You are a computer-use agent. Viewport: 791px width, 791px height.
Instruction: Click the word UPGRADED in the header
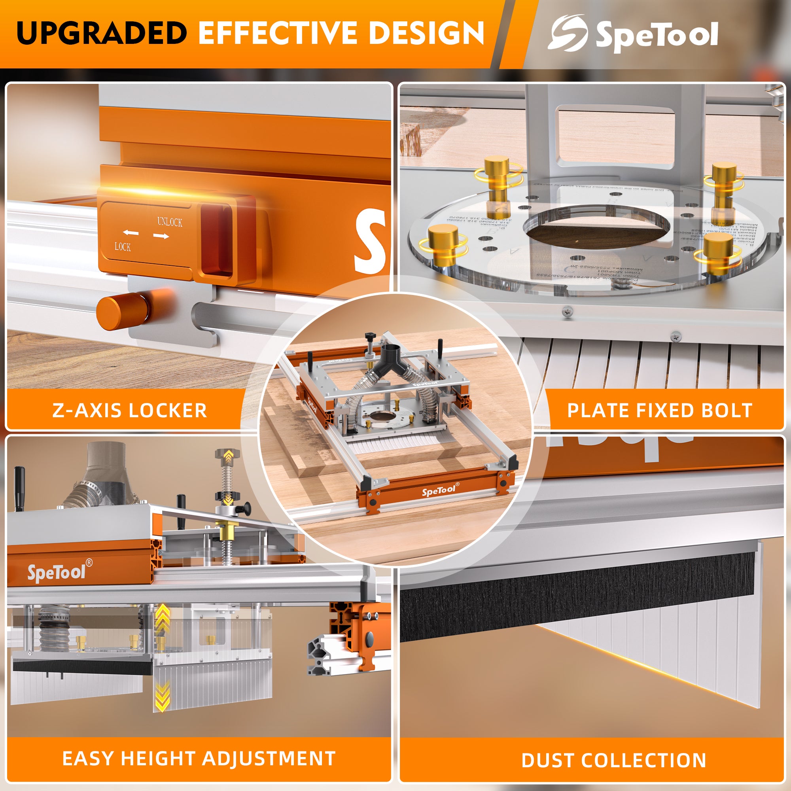(x=102, y=33)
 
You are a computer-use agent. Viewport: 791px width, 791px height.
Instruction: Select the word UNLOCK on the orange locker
(x=170, y=222)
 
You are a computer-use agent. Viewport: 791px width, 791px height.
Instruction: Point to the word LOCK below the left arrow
(x=123, y=246)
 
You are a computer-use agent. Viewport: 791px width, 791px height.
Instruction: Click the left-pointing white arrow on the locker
(x=131, y=233)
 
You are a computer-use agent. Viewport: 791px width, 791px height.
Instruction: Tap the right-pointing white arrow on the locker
(x=161, y=236)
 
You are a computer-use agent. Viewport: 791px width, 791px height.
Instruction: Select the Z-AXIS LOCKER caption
(x=129, y=411)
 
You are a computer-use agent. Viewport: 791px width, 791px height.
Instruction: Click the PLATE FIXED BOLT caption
(x=660, y=411)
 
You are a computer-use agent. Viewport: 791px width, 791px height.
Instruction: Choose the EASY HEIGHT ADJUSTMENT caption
(x=199, y=759)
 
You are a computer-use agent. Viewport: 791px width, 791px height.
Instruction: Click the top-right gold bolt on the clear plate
(x=723, y=184)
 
